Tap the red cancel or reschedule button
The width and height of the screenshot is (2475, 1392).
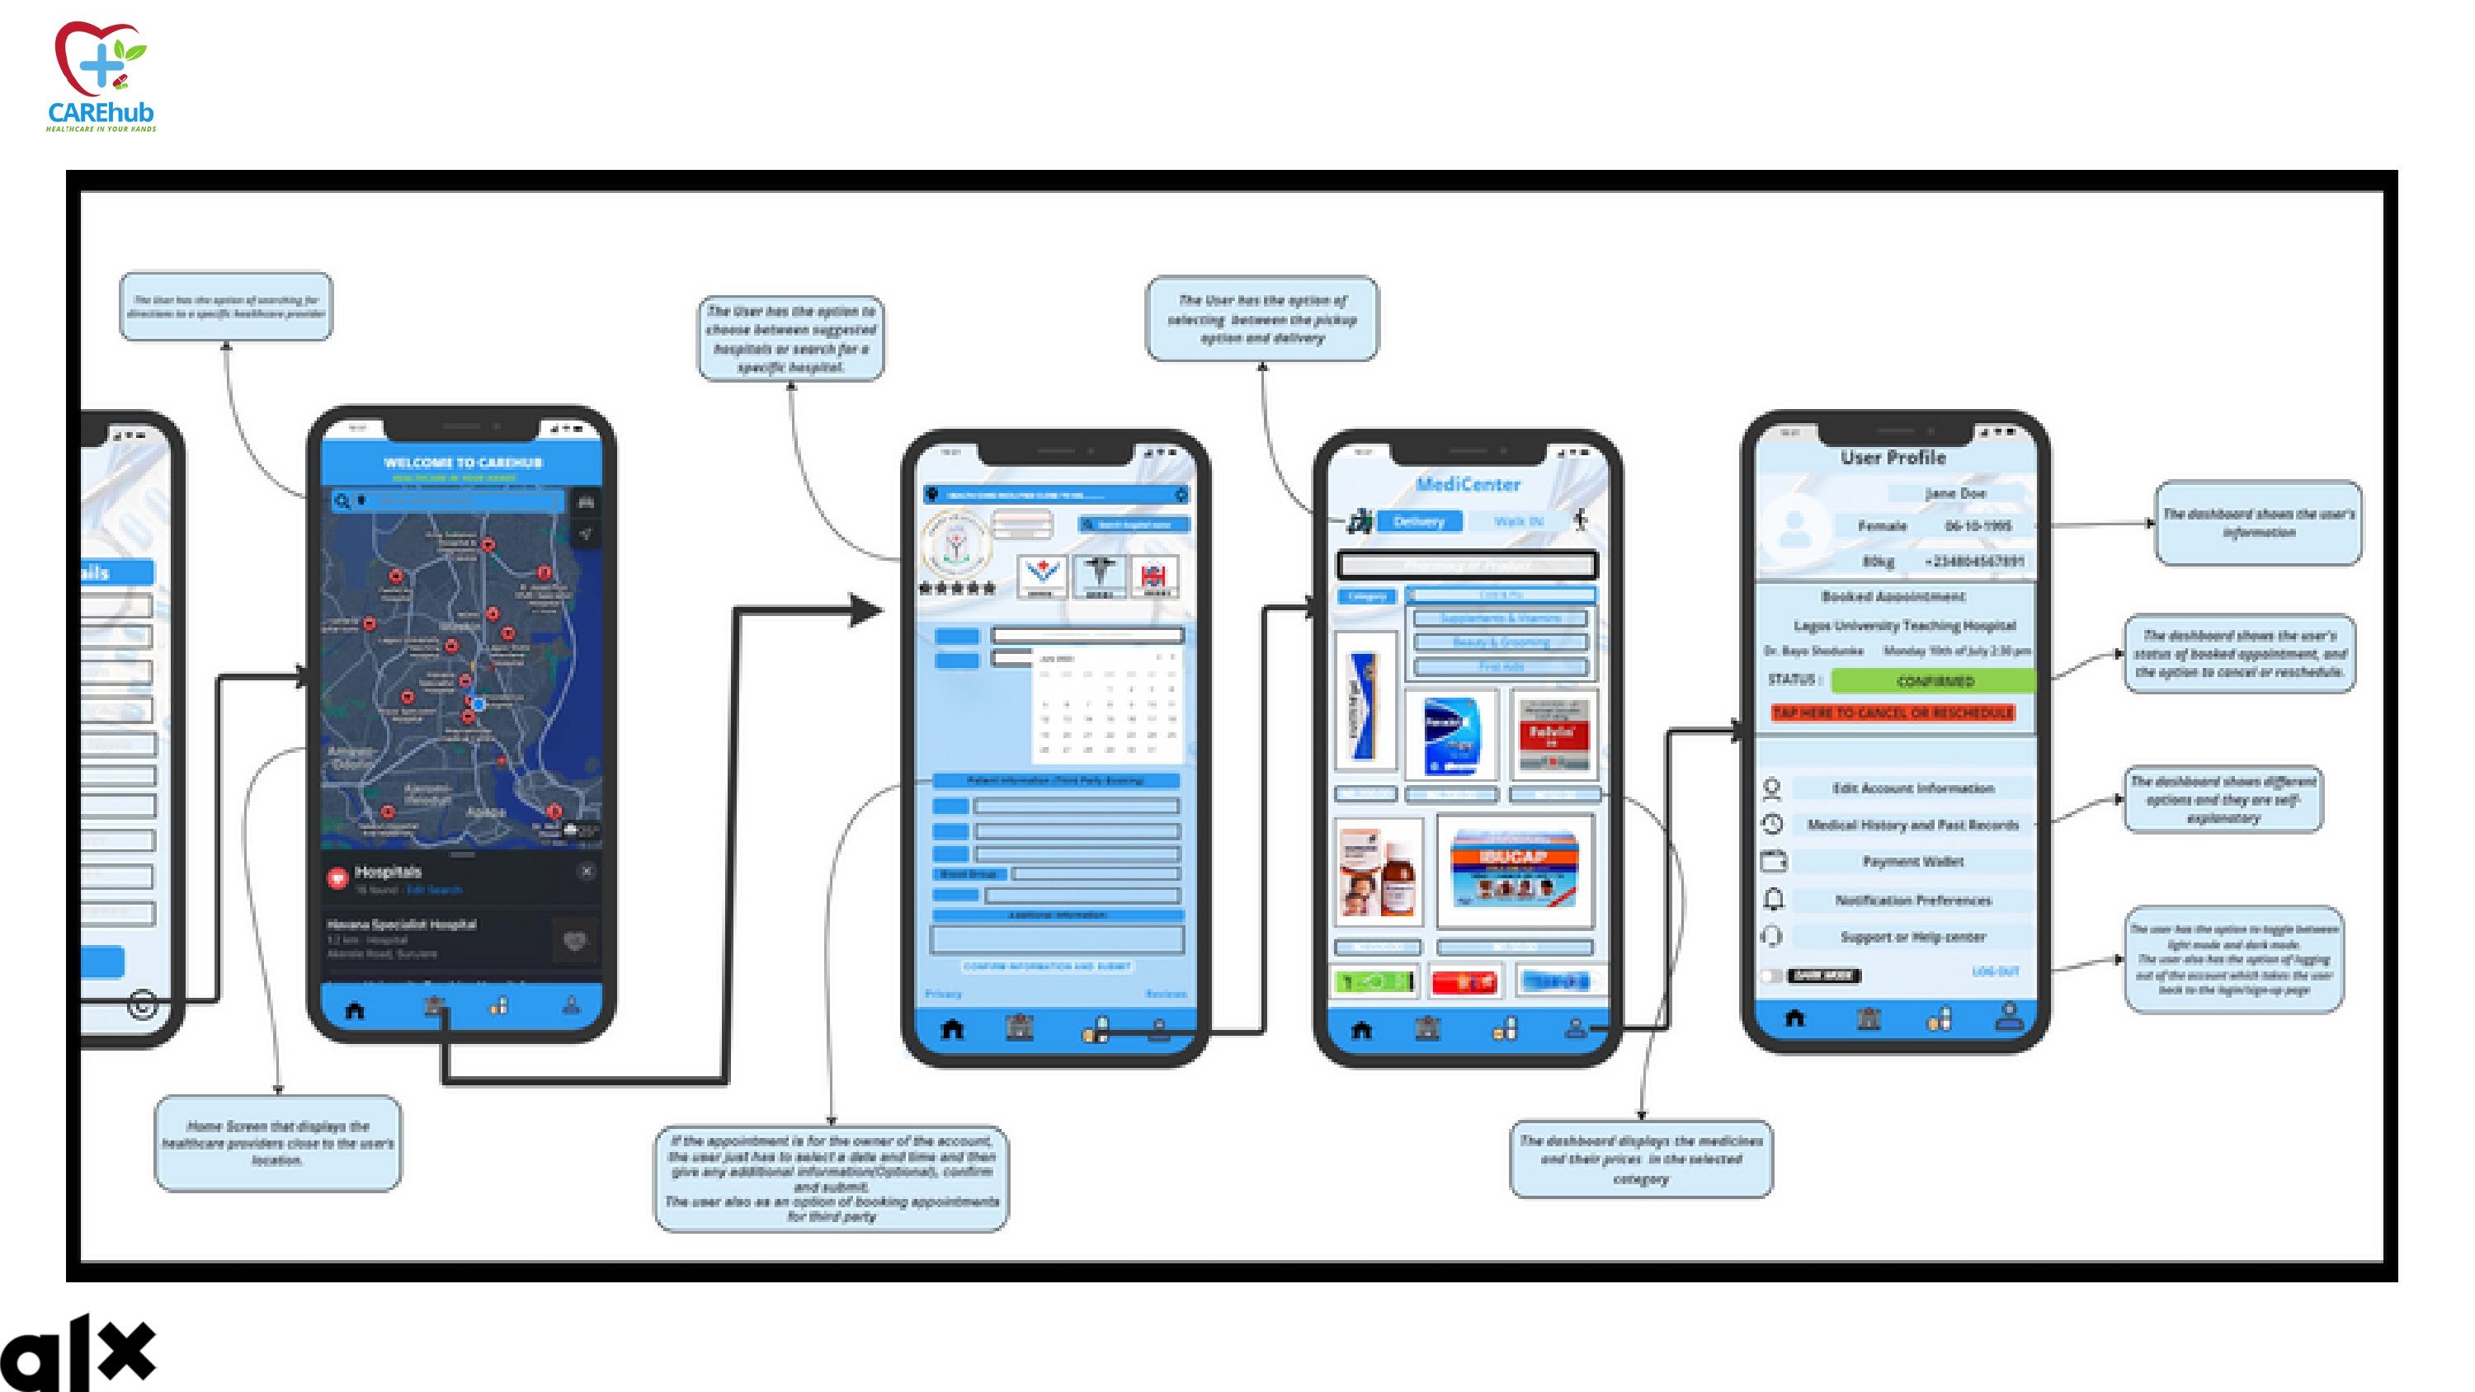point(1892,712)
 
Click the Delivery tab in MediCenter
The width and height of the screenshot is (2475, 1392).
point(1418,522)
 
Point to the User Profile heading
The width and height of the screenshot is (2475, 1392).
point(1893,459)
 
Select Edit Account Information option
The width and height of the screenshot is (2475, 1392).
point(1912,788)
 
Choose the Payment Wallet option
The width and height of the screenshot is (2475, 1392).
point(1912,862)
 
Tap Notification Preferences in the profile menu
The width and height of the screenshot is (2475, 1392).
point(1912,901)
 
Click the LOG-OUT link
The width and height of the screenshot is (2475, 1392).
point(1995,972)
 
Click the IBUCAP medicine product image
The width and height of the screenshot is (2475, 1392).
point(1513,869)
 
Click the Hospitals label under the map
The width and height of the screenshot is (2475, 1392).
point(387,872)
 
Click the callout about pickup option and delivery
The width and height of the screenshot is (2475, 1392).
point(1261,319)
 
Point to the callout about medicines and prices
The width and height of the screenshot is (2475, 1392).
point(1640,1159)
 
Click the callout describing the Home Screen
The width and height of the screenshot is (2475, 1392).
point(278,1143)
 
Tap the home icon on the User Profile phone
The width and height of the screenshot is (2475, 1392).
point(1794,1018)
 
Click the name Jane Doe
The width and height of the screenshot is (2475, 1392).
point(1954,494)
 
